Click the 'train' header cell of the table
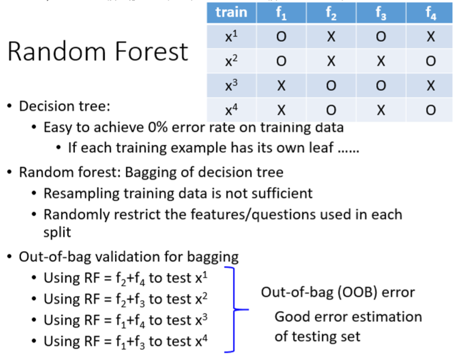231,12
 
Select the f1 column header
281,12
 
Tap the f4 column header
430,12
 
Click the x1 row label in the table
231,37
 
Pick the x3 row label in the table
231,85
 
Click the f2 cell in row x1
331,37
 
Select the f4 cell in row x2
430,61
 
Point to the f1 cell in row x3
281,85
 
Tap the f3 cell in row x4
381,110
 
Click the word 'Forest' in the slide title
152,52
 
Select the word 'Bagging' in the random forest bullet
151,173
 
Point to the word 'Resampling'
82,194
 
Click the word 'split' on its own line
57,232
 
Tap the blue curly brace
234,309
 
